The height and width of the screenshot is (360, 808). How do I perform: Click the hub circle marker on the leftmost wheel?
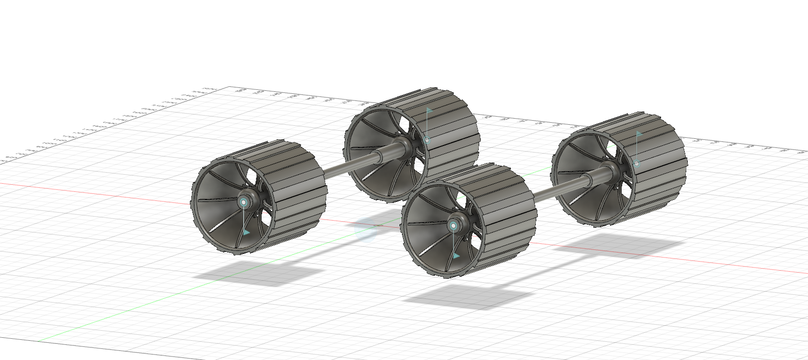244,202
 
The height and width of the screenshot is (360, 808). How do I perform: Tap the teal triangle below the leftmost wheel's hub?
246,232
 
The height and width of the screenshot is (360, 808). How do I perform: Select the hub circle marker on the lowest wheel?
453,226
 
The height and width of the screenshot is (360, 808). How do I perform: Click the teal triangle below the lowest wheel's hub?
456,256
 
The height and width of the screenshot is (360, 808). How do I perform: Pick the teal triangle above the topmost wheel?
429,110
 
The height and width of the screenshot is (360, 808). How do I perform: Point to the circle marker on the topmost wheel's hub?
427,140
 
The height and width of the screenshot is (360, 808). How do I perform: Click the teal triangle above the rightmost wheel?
638,134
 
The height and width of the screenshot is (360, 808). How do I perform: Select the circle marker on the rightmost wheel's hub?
637,164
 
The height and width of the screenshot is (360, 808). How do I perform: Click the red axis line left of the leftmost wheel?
101,193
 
